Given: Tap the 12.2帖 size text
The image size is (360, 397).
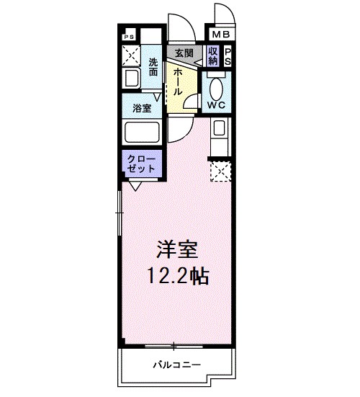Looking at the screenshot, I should click(x=179, y=275).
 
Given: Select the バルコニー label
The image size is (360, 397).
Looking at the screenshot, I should click(x=176, y=364).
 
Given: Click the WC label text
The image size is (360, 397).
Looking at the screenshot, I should click(x=217, y=104).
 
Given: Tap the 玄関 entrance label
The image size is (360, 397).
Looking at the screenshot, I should click(x=184, y=53).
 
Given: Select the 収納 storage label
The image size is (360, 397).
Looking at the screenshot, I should click(x=213, y=56).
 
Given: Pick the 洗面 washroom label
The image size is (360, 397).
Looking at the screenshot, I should click(x=153, y=67).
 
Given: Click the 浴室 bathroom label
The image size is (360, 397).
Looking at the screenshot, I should click(x=141, y=109).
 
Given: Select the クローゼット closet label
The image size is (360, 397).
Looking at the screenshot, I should click(x=141, y=162).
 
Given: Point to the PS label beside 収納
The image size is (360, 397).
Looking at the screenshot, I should click(x=228, y=57).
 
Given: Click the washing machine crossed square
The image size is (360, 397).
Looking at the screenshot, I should click(x=131, y=54).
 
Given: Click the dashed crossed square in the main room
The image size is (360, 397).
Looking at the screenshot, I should click(x=220, y=171).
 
